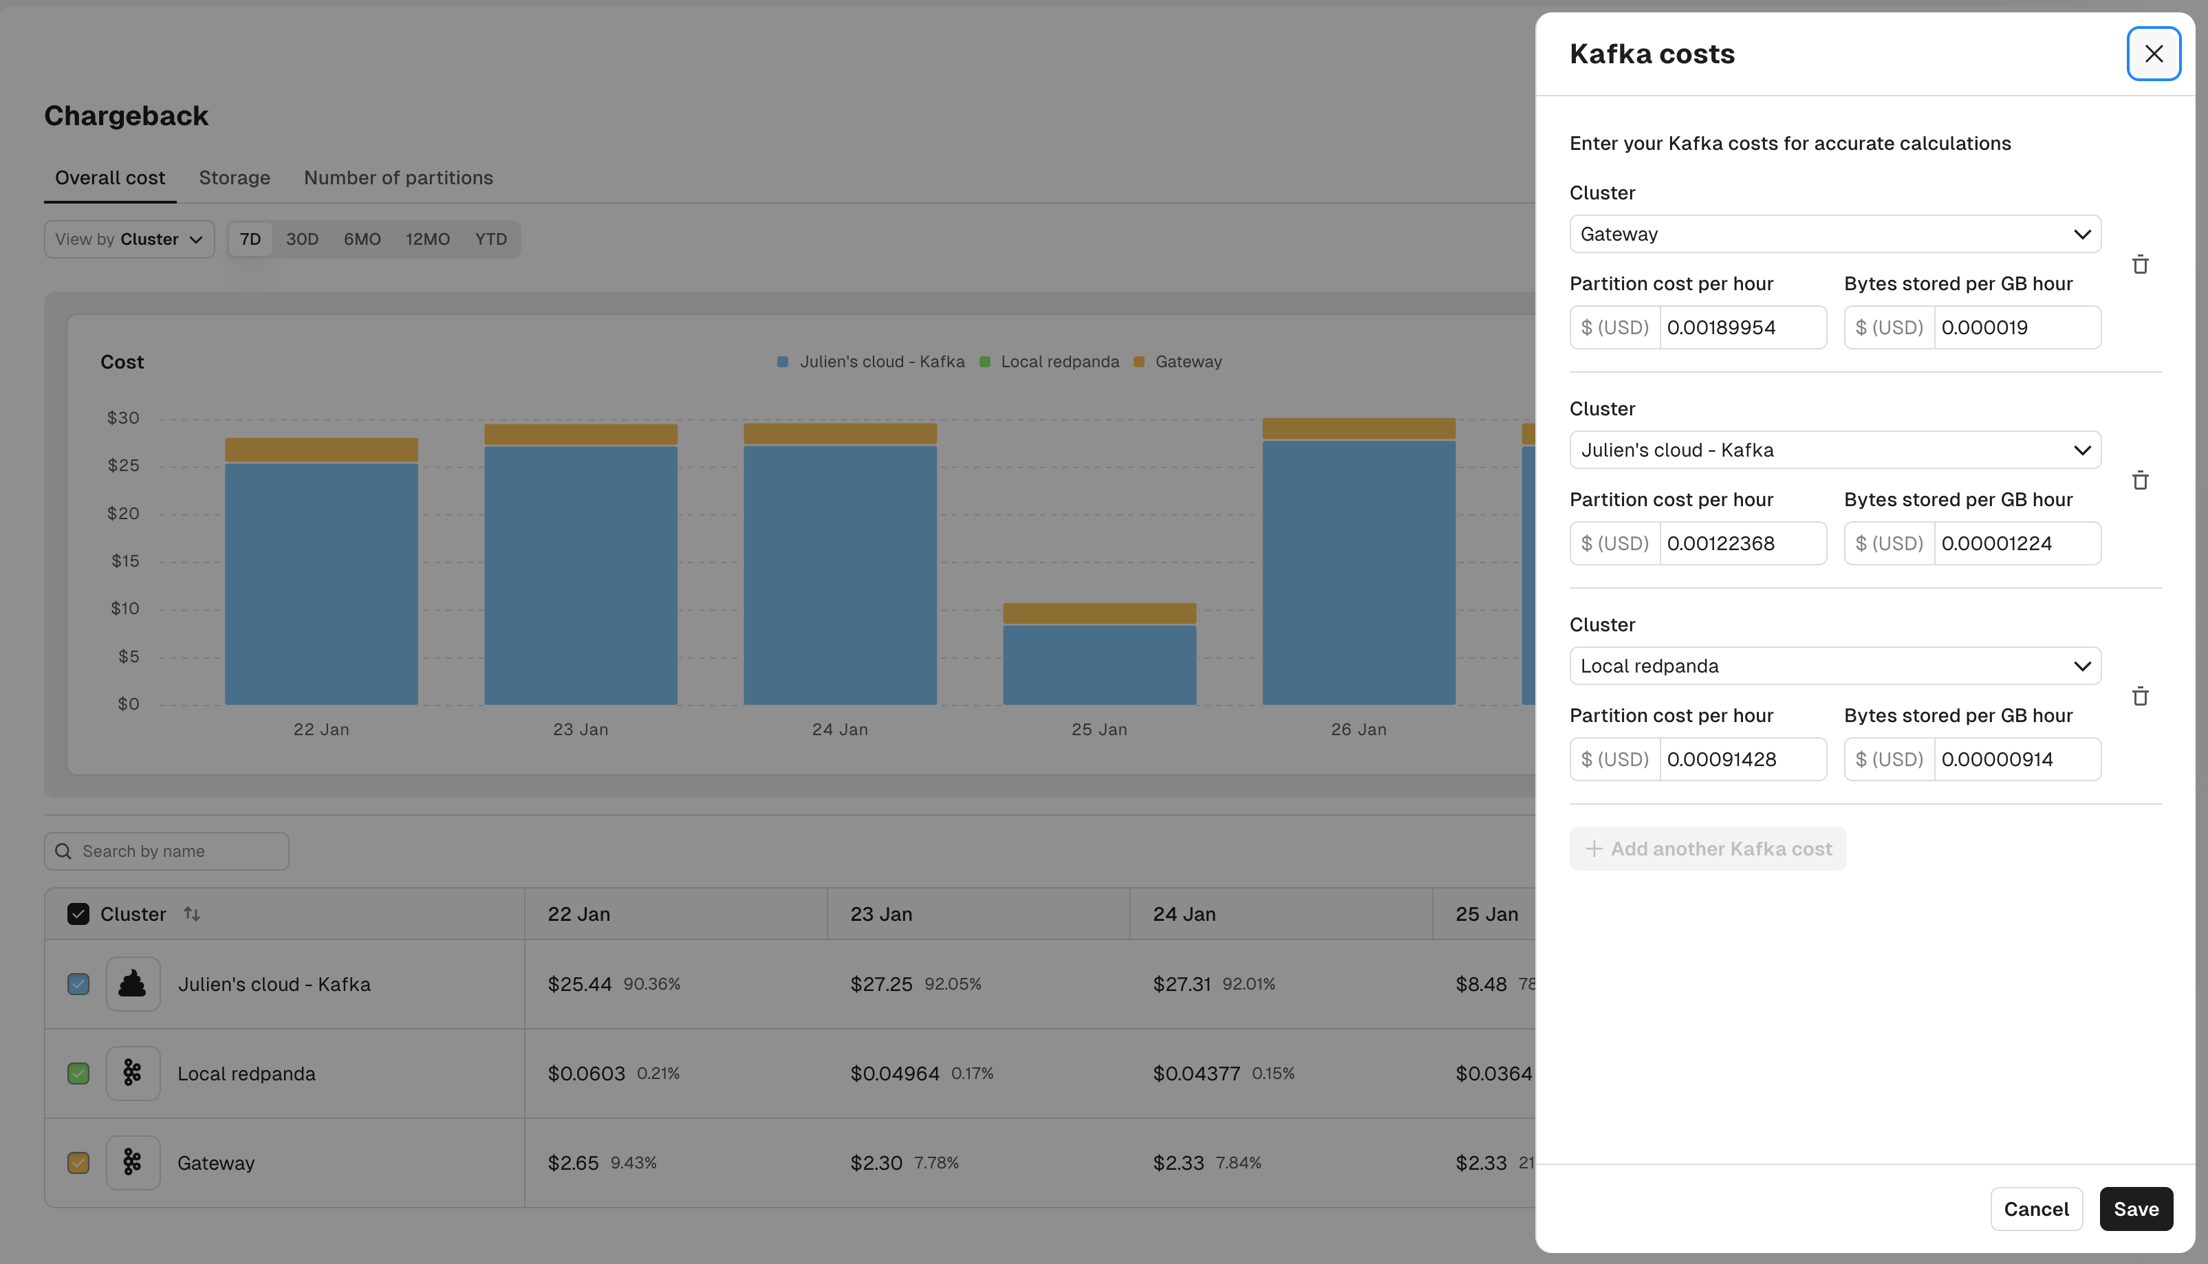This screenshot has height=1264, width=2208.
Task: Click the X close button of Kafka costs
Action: click(x=2152, y=54)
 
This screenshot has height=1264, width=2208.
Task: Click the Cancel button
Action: click(x=2035, y=1208)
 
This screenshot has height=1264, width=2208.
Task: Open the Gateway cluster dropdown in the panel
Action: click(x=1834, y=235)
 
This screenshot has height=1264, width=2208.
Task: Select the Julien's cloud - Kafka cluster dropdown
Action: click(x=1834, y=450)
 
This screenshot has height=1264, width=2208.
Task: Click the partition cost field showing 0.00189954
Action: click(x=1742, y=327)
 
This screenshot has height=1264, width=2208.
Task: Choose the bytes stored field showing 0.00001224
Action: click(x=2016, y=543)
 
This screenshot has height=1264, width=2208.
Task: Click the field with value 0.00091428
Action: click(x=1742, y=760)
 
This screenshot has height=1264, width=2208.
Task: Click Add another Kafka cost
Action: click(x=1707, y=849)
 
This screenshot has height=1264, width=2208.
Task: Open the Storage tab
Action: click(x=235, y=178)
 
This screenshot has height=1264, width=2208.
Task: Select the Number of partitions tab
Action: click(x=398, y=178)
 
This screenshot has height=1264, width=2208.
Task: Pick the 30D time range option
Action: click(x=302, y=239)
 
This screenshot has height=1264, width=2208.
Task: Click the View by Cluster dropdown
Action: click(x=129, y=239)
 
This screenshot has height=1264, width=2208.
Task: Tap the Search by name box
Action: click(x=166, y=851)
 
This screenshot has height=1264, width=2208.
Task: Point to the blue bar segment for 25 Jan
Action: click(x=1098, y=664)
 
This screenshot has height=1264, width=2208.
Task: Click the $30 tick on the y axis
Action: click(x=123, y=418)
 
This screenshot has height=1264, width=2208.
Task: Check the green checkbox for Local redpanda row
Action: click(x=78, y=1074)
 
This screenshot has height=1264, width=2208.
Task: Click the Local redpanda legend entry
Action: click(x=1059, y=362)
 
